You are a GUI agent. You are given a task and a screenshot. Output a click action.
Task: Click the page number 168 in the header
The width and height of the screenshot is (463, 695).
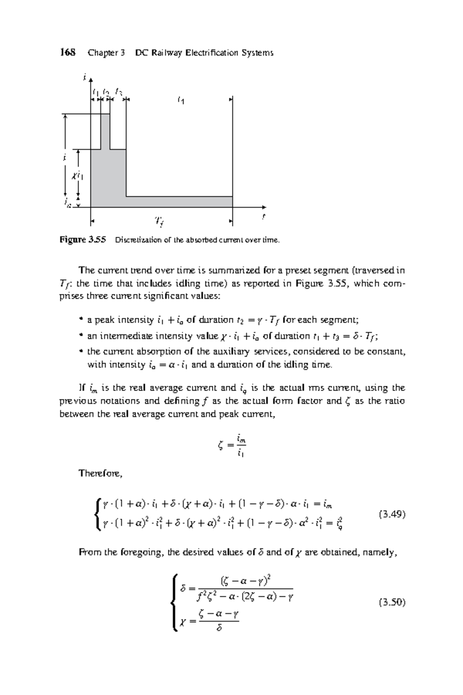(x=68, y=53)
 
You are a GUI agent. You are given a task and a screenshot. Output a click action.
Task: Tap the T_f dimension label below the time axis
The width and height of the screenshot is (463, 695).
(x=159, y=221)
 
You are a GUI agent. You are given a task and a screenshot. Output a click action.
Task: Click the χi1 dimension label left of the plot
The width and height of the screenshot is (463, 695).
(x=77, y=176)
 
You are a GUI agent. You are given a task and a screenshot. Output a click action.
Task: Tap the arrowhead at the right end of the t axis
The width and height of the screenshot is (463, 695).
(x=264, y=207)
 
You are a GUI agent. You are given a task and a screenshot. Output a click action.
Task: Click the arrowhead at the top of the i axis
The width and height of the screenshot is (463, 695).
(x=90, y=80)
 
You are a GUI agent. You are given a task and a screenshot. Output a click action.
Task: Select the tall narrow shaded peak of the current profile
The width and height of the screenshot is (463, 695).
(x=105, y=131)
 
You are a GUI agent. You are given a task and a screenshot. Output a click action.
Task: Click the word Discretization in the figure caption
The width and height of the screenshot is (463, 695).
(x=133, y=240)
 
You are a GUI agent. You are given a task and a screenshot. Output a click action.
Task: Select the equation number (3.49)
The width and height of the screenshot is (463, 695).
(x=392, y=514)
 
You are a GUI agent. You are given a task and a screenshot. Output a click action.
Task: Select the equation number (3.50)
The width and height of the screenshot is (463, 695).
(x=392, y=602)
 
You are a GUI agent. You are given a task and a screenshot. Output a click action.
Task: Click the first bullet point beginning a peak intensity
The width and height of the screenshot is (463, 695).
(x=81, y=320)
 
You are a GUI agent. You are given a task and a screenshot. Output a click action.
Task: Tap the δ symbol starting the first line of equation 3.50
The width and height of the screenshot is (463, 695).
(x=183, y=588)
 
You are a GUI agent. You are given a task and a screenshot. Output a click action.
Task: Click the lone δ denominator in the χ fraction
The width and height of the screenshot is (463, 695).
(x=219, y=629)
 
